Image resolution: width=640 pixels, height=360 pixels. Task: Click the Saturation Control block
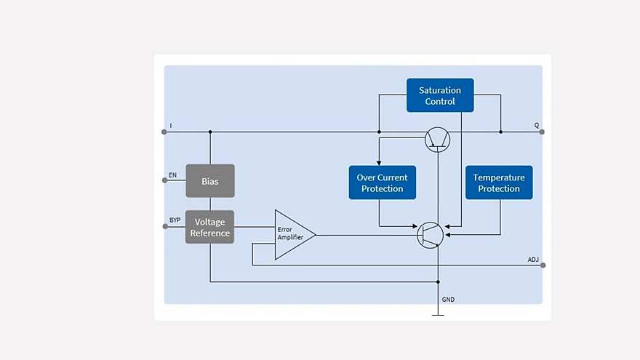440,95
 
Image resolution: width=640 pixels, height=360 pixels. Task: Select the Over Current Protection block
382,183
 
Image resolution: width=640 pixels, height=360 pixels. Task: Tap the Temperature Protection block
499,183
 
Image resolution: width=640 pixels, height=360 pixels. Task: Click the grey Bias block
210,181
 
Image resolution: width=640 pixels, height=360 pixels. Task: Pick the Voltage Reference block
210,227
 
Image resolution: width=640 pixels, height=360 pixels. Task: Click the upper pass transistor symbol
437,139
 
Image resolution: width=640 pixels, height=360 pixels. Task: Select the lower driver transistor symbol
430,234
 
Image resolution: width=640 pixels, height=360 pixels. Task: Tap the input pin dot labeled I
164,132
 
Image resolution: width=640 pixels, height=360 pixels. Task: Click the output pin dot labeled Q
542,132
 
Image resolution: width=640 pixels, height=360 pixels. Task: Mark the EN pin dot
164,181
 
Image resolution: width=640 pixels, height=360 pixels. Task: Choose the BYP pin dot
164,226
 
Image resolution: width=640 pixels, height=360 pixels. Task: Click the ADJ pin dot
543,265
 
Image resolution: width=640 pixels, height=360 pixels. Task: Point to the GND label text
449,300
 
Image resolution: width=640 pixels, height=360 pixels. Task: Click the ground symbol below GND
438,314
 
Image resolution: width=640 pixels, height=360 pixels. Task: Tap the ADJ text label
533,259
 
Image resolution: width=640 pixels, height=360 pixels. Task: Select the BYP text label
175,220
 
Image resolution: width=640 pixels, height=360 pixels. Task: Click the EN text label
172,175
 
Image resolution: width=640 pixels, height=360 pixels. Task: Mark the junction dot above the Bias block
210,132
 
